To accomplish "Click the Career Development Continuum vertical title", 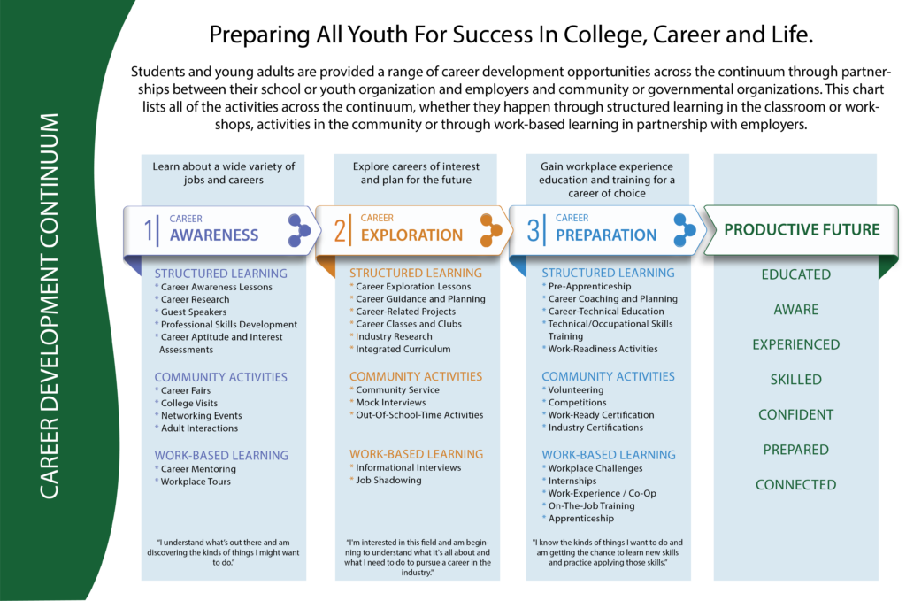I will [x=50, y=305].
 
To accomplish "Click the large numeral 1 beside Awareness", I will [x=149, y=231].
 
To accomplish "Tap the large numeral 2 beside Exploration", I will [x=341, y=231].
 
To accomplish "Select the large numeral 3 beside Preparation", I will [x=533, y=231].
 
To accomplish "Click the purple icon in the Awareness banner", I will [x=299, y=230].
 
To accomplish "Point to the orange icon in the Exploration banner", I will [x=491, y=230].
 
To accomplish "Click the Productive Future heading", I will [x=802, y=230].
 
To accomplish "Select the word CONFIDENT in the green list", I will [x=796, y=414].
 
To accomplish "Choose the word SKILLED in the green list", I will [x=796, y=380].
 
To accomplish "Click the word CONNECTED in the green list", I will [x=796, y=485].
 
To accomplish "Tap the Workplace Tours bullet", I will [x=196, y=482].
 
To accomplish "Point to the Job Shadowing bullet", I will [x=388, y=481].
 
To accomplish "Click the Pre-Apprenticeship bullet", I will [x=589, y=287].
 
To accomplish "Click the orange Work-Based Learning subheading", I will [x=416, y=455].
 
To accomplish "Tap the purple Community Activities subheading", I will [x=221, y=377].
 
